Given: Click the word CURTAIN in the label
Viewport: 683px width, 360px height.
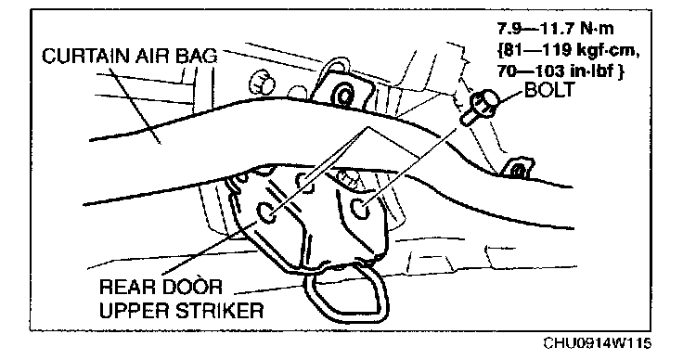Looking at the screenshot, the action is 85,57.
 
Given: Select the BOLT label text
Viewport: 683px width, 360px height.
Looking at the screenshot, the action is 549,90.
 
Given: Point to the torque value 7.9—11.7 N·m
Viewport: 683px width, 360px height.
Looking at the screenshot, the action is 555,29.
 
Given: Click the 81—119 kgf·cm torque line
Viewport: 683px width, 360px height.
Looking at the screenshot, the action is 568,50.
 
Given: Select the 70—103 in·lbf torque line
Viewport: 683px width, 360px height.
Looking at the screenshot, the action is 561,71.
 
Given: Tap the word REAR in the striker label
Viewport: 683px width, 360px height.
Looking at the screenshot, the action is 127,288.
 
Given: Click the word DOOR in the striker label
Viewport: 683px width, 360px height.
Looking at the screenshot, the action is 192,288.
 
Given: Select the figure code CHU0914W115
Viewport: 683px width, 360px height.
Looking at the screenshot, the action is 597,342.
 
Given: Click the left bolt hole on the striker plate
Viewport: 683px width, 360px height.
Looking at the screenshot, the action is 267,212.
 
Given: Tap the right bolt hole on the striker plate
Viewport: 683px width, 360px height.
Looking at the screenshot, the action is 361,208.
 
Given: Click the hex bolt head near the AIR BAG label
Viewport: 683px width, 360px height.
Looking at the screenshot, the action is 262,82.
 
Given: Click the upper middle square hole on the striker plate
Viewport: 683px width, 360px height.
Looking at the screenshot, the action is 306,182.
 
